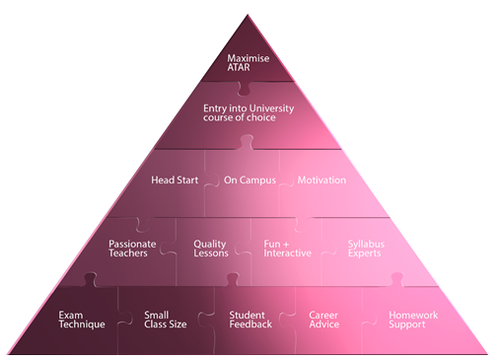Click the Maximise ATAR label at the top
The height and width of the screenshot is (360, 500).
tap(249, 63)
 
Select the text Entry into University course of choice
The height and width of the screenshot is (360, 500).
tap(249, 112)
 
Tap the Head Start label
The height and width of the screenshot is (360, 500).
tap(175, 180)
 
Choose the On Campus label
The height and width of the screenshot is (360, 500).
tap(250, 180)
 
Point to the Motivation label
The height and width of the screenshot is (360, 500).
tap(321, 180)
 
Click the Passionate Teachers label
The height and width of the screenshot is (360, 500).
tap(132, 249)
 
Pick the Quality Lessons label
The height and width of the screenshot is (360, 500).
tap(211, 249)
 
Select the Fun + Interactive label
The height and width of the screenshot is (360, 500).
tap(287, 249)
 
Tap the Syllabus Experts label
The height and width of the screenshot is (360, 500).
tap(366, 249)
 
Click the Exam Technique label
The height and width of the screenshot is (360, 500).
tap(82, 320)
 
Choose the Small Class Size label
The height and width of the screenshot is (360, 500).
tap(166, 320)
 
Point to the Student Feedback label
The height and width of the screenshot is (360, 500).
tap(250, 320)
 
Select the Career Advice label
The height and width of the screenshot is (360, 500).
tap(324, 320)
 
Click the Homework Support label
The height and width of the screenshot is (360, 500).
tap(413, 320)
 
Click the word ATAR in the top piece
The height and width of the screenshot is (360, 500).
tap(239, 67)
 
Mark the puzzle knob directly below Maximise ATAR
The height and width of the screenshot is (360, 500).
tap(244, 88)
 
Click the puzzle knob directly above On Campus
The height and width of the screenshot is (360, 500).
tap(247, 142)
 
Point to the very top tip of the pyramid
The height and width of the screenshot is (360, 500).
tap(248, 15)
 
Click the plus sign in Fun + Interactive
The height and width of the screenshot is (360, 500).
tap(286, 245)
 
